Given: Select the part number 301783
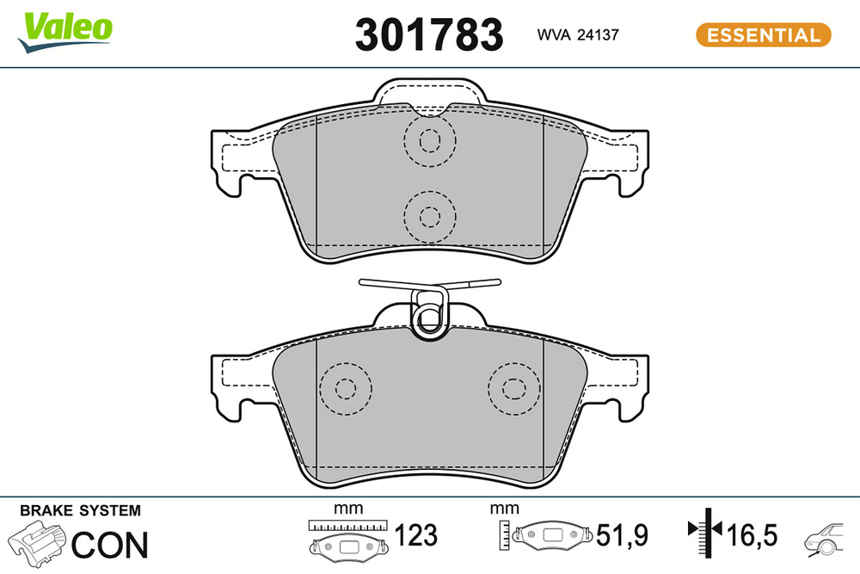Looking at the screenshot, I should click(x=428, y=35).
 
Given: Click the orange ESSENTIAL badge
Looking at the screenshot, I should click(x=762, y=35).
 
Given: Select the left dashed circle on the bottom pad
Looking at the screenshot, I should click(x=345, y=388).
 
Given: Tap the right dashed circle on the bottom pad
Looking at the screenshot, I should click(x=513, y=388).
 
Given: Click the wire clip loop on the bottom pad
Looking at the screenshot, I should click(x=429, y=313).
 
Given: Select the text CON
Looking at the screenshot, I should click(x=109, y=544).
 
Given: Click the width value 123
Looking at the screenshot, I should click(x=415, y=535).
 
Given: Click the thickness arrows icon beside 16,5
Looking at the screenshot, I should click(x=703, y=535).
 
